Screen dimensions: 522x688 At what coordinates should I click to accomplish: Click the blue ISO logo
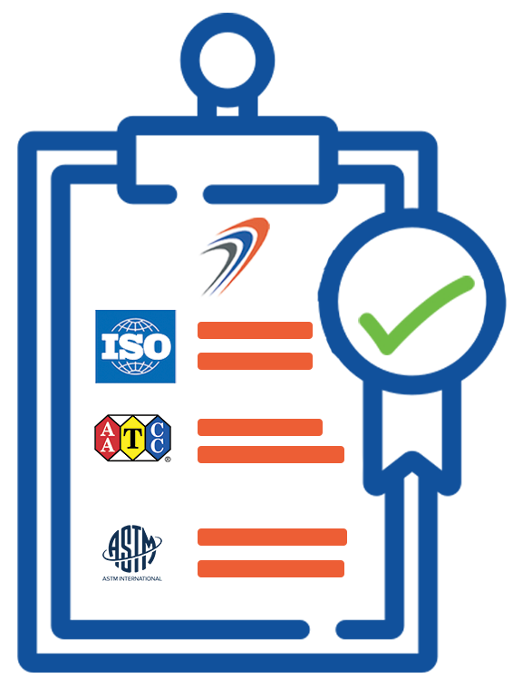click(x=136, y=346)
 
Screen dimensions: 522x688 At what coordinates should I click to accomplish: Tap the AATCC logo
click(x=132, y=438)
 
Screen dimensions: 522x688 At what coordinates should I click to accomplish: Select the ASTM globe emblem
click(x=132, y=548)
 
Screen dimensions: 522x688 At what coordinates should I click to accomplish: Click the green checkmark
click(x=416, y=315)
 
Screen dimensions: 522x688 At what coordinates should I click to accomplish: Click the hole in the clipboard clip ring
click(x=227, y=61)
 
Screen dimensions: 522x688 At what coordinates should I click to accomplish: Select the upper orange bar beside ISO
click(x=255, y=330)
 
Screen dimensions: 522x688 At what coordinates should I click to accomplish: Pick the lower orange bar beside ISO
click(x=255, y=361)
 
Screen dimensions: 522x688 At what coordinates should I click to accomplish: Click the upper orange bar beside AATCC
click(x=260, y=427)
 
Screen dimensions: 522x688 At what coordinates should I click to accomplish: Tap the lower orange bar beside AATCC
click(x=271, y=454)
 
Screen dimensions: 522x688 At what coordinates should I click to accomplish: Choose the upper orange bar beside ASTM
click(x=273, y=537)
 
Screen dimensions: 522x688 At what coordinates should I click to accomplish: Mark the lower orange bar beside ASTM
click(x=271, y=568)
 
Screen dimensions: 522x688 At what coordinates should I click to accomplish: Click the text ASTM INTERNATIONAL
click(x=132, y=578)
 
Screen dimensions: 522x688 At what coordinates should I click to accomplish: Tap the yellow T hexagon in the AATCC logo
click(x=132, y=438)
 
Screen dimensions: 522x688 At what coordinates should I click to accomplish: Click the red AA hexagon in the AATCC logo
click(x=107, y=438)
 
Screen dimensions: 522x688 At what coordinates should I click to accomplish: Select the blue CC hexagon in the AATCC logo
click(x=158, y=438)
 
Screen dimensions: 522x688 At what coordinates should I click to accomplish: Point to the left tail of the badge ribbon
click(x=373, y=439)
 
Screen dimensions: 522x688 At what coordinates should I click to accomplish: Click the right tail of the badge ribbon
click(x=451, y=439)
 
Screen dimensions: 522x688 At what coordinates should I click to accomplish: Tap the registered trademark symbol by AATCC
click(x=168, y=460)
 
